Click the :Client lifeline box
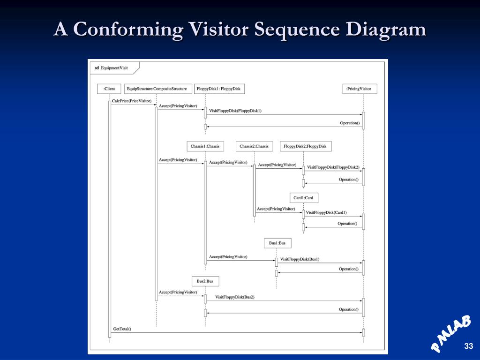109,89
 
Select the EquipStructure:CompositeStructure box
157,89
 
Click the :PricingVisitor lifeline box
359,89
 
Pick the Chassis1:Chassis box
205,146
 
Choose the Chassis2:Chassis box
254,146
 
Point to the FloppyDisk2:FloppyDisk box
306,146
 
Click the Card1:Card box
303,198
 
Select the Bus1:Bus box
277,243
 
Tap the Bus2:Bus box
205,281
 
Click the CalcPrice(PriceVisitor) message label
132,101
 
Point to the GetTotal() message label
122,329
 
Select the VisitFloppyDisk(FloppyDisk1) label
235,111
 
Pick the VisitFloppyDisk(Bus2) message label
234,297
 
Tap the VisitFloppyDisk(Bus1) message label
300,259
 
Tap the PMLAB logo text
450,333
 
